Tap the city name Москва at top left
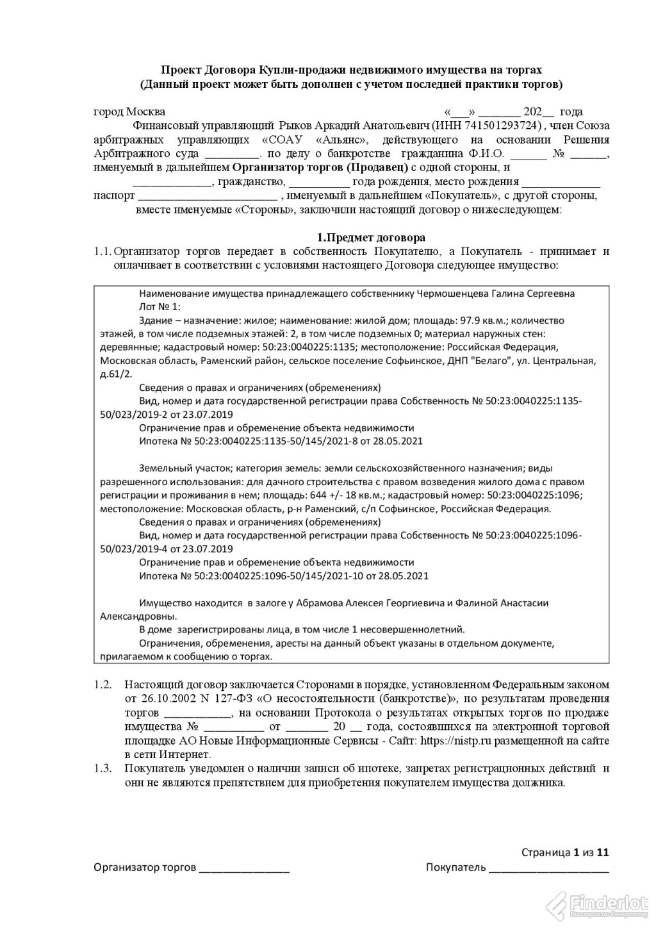(145, 112)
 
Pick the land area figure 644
(338, 495)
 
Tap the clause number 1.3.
(102, 768)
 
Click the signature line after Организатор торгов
(244, 870)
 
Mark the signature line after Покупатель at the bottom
(548, 870)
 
